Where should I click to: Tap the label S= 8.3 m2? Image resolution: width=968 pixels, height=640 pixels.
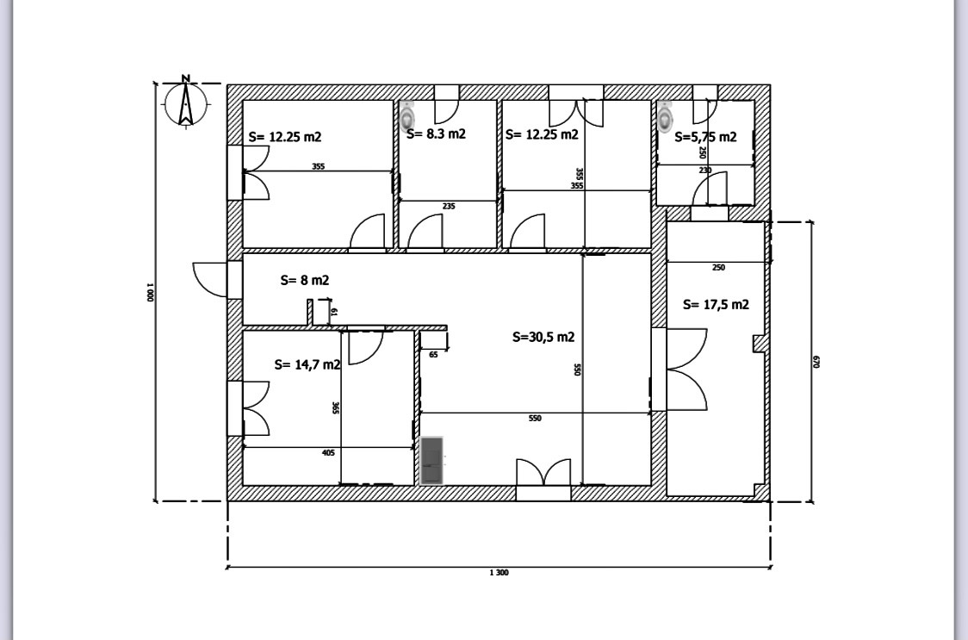(436, 134)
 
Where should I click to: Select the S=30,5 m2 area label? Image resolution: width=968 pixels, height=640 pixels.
(543, 337)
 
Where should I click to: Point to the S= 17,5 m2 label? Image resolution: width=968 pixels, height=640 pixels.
(715, 304)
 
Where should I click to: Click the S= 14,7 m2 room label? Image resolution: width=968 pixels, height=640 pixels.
(307, 364)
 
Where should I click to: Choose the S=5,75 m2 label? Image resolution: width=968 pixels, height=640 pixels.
(705, 137)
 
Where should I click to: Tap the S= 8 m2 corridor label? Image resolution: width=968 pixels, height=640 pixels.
(305, 280)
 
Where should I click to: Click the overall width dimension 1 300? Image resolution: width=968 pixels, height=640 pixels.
(498, 573)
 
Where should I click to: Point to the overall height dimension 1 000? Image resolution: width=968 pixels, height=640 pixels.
(149, 293)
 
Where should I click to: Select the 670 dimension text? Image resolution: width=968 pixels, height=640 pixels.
(817, 362)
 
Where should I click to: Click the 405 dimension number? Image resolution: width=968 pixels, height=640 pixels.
(327, 452)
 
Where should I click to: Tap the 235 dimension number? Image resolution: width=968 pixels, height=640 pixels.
(448, 207)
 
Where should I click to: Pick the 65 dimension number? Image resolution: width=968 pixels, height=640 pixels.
(433, 354)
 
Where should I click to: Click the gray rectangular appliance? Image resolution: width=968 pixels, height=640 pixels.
(431, 461)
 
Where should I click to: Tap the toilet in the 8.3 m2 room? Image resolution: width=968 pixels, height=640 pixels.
(407, 114)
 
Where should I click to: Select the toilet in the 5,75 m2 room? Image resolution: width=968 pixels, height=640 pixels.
(665, 116)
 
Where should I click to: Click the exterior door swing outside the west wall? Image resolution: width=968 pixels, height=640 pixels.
(209, 277)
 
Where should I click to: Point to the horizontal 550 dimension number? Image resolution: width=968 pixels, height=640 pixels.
(534, 418)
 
